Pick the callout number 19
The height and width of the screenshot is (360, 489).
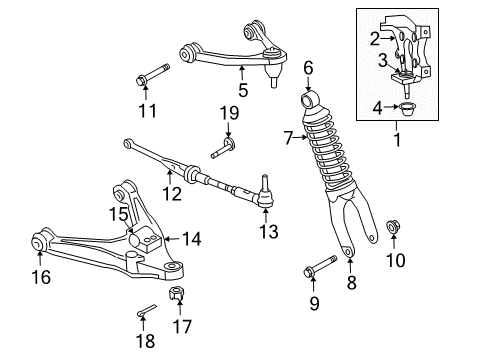click(228, 115)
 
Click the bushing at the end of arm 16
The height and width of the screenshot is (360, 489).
click(41, 242)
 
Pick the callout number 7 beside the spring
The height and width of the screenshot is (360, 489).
click(287, 137)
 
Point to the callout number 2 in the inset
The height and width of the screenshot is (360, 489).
click(373, 37)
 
